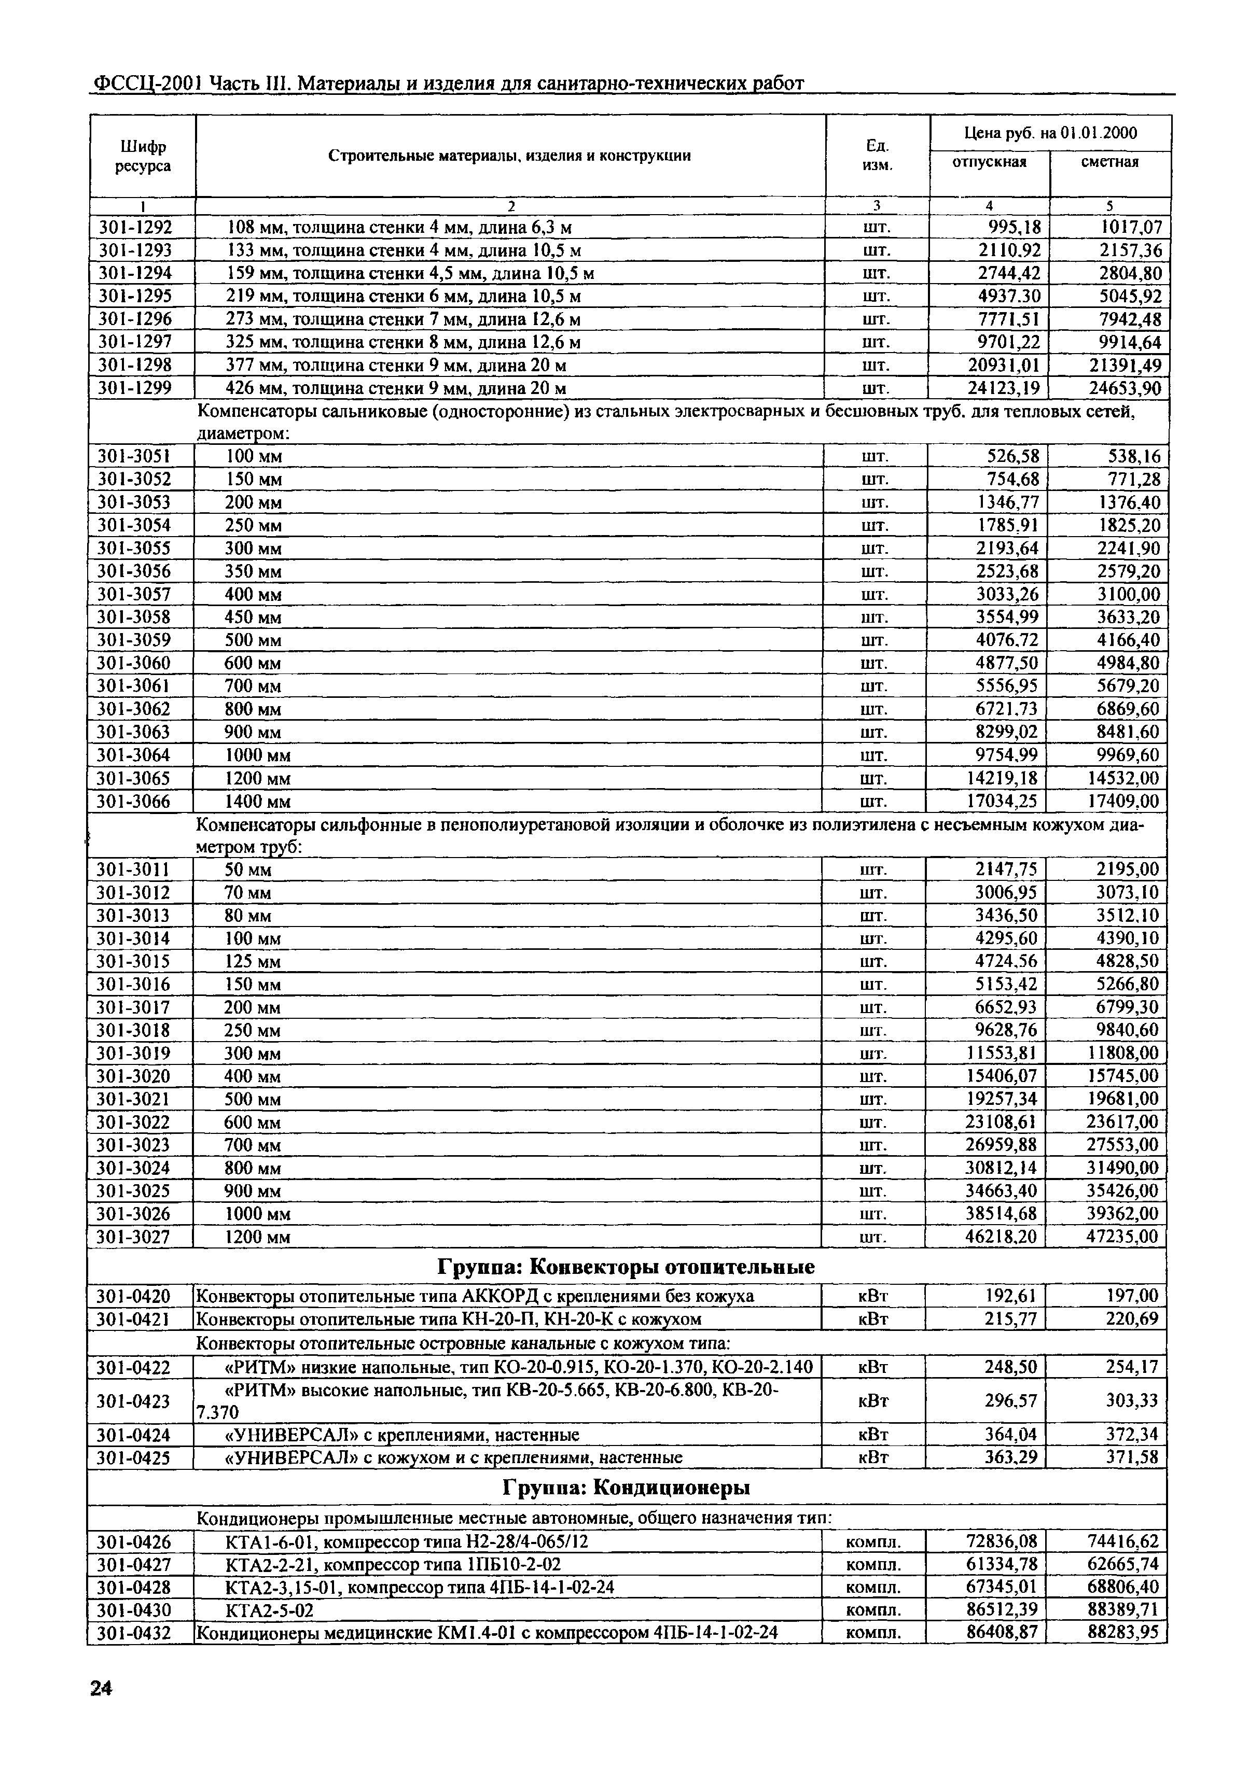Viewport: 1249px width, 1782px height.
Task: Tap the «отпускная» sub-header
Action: [989, 162]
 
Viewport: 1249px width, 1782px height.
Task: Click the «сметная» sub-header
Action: [1109, 162]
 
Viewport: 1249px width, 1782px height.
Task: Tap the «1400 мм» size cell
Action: [258, 801]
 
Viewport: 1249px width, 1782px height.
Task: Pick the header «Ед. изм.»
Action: [877, 155]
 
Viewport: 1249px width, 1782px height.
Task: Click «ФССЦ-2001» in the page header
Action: [147, 83]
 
